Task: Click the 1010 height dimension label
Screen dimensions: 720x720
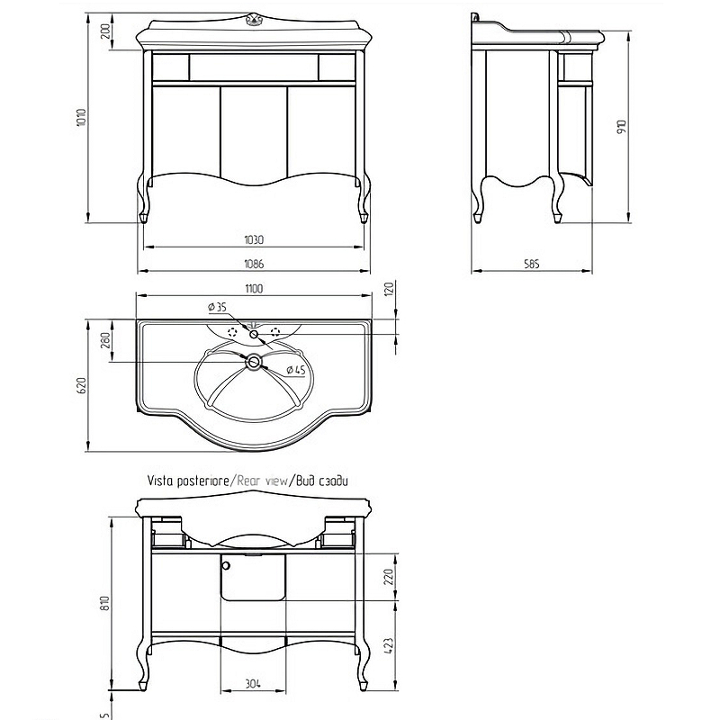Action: [81, 117]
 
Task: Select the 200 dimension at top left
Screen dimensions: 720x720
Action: [106, 31]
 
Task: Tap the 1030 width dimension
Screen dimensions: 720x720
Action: [254, 239]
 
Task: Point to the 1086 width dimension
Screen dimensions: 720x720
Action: [254, 264]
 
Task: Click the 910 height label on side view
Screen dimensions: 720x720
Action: [622, 127]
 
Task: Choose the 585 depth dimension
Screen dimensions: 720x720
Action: [531, 264]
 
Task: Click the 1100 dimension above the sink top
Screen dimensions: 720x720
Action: [254, 289]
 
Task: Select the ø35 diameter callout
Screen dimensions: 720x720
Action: [218, 307]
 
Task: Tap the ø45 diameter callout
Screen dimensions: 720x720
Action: [296, 370]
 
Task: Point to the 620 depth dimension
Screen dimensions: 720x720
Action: [81, 386]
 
